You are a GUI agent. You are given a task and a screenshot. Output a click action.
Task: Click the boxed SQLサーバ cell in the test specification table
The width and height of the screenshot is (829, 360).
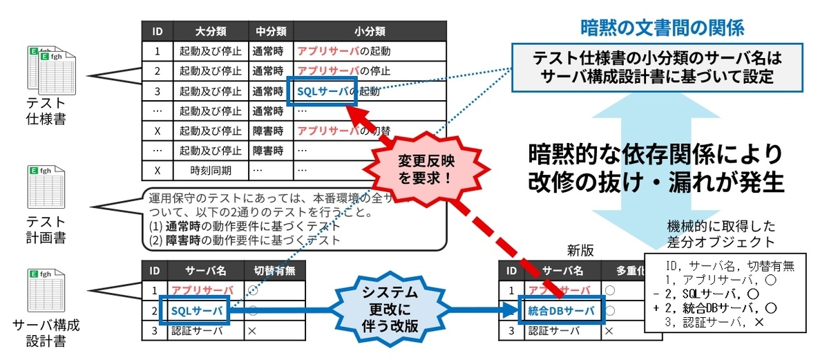[322, 91]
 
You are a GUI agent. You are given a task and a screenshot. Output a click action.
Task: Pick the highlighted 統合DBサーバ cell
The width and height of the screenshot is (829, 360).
[560, 311]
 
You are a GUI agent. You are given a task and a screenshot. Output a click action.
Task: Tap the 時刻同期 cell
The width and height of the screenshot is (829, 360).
[210, 170]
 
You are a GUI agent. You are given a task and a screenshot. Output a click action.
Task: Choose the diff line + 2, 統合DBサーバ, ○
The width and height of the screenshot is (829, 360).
[721, 306]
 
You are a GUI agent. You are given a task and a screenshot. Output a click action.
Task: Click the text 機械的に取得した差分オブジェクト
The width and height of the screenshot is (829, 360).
[721, 234]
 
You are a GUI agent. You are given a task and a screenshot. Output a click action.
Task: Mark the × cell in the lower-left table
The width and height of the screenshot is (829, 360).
[252, 331]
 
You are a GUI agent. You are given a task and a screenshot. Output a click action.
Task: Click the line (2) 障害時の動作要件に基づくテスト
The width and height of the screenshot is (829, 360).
[245, 240]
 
